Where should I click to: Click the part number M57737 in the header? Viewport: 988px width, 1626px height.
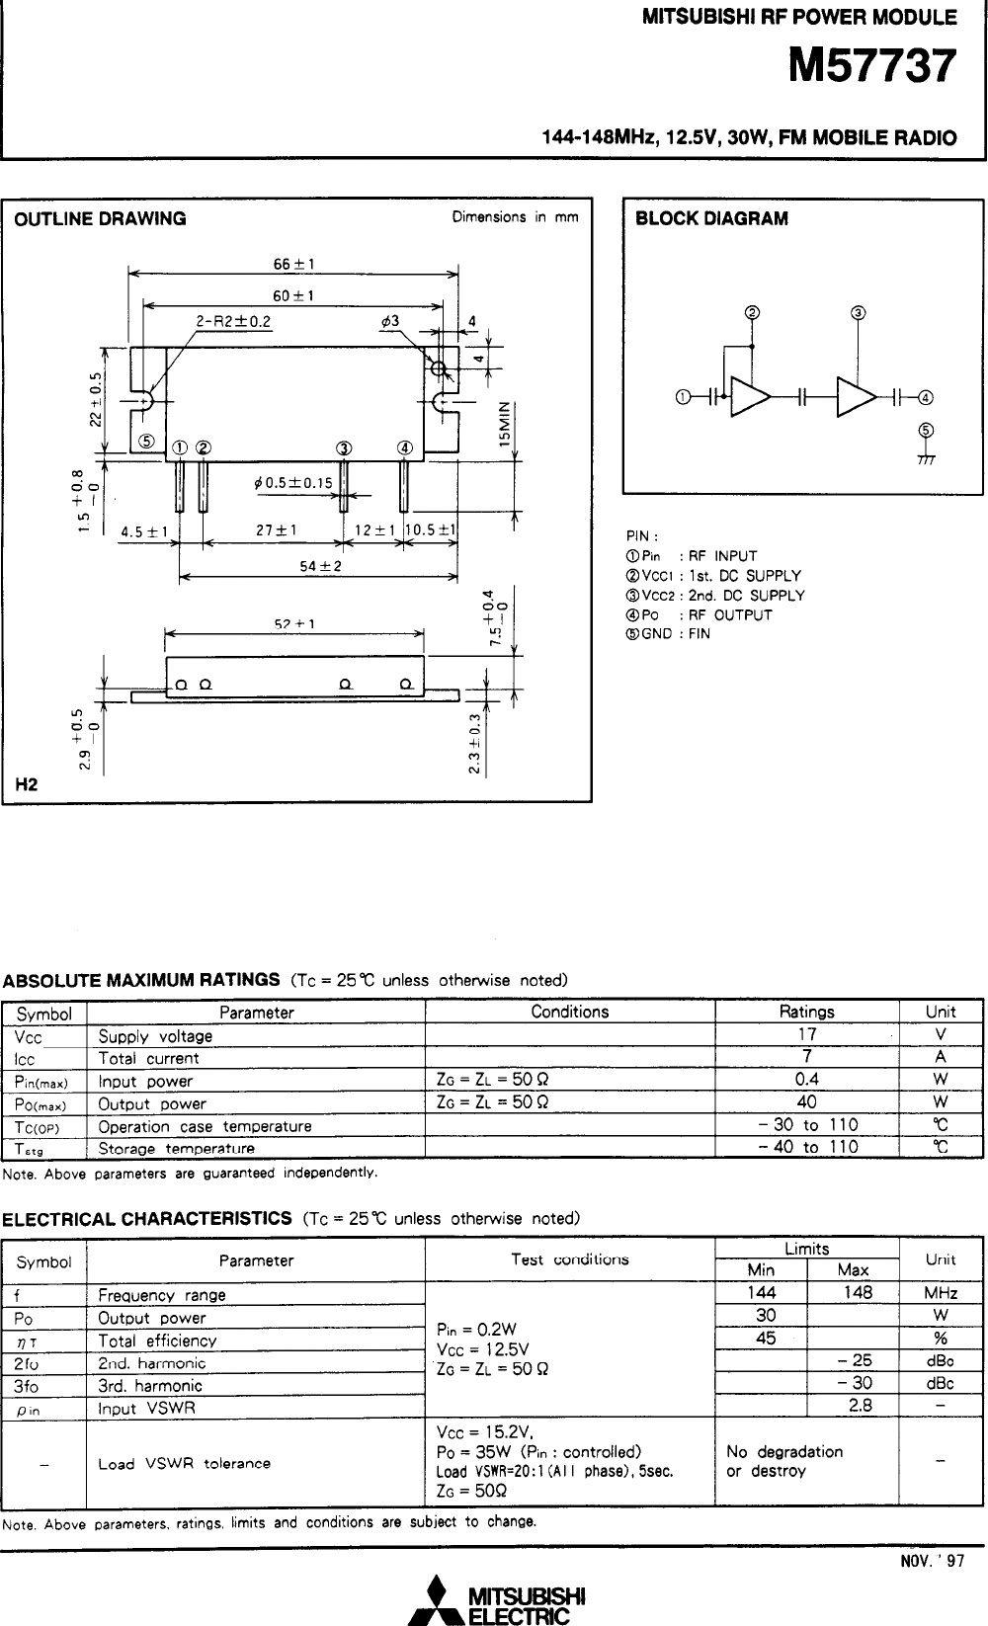pyautogui.click(x=872, y=67)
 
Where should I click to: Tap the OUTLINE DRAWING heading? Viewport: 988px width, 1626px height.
pyautogui.click(x=100, y=219)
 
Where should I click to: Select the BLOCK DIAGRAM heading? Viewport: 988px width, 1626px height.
pyautogui.click(x=711, y=219)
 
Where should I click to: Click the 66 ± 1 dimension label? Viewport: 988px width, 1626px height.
pyautogui.click(x=293, y=264)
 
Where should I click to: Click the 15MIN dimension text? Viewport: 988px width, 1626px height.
pyautogui.click(x=504, y=424)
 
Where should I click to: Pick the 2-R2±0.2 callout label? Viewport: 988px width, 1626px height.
pyautogui.click(x=233, y=320)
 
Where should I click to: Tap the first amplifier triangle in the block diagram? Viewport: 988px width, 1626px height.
pyautogui.click(x=750, y=397)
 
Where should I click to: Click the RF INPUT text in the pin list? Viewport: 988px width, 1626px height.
pyautogui.click(x=722, y=555)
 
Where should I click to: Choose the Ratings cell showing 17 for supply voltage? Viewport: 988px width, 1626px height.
pyautogui.click(x=806, y=1034)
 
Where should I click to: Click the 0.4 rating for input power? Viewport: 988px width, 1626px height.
pyautogui.click(x=806, y=1080)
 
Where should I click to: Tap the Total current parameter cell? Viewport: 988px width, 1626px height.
pyautogui.click(x=148, y=1058)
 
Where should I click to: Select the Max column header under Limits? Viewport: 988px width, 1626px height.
pyautogui.click(x=853, y=1270)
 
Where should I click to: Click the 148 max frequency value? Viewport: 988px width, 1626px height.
pyautogui.click(x=858, y=1293)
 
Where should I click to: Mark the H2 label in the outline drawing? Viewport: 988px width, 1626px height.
pyautogui.click(x=27, y=785)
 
